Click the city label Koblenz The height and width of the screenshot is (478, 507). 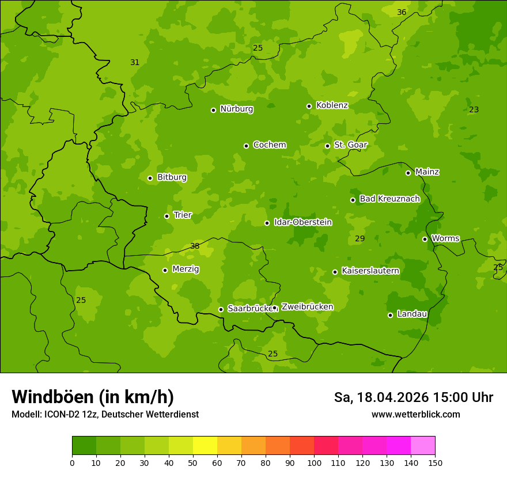(x=332, y=105)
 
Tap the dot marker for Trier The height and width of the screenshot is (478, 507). (x=167, y=216)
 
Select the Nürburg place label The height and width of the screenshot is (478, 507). (x=236, y=109)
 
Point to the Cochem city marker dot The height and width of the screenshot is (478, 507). (x=246, y=146)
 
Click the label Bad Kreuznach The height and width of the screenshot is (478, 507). (x=389, y=199)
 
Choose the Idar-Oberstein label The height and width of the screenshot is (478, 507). (x=302, y=222)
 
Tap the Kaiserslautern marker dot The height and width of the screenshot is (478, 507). (x=335, y=272)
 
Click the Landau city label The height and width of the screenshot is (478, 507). (x=412, y=314)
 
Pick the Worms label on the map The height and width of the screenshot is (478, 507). (x=445, y=238)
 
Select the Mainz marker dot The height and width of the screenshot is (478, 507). (x=408, y=173)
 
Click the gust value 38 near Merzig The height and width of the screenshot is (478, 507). (x=195, y=246)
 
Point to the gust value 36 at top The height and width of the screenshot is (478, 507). (x=402, y=12)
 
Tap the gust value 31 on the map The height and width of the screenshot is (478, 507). (x=135, y=62)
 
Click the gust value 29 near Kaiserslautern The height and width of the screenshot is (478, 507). (x=360, y=238)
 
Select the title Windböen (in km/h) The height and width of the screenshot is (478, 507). (x=93, y=397)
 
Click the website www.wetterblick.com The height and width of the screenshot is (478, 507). (x=415, y=415)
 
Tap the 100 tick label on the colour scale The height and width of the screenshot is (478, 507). (x=314, y=462)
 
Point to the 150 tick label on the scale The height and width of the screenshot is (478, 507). (x=435, y=462)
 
